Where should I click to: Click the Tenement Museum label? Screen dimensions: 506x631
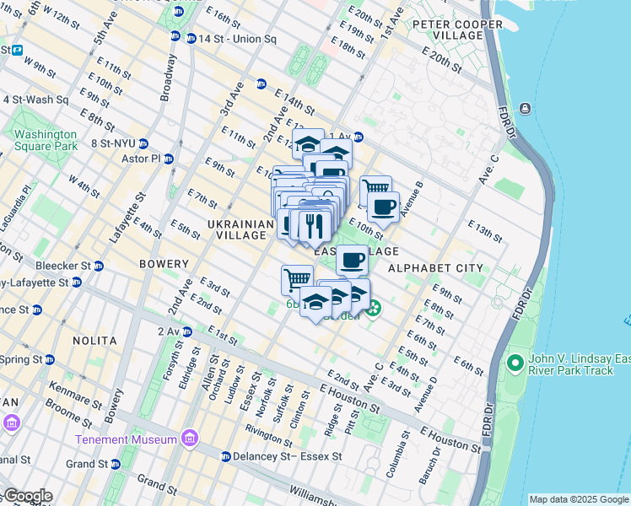pos(126,439)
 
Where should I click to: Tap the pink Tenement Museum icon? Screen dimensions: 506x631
pos(189,439)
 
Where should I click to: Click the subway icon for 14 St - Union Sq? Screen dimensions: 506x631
pos(175,36)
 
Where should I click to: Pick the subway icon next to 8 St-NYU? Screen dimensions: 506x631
pos(143,143)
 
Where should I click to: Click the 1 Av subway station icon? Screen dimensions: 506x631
pos(359,137)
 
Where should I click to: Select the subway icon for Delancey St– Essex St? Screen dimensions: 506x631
pos(226,456)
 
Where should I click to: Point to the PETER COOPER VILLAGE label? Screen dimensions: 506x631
pos(447,30)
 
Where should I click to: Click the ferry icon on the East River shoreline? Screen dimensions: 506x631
pos(526,108)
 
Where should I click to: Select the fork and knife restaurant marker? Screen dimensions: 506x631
pos(311,224)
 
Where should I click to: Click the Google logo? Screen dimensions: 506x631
pos(27,497)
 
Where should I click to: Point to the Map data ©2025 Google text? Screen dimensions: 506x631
pos(578,499)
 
